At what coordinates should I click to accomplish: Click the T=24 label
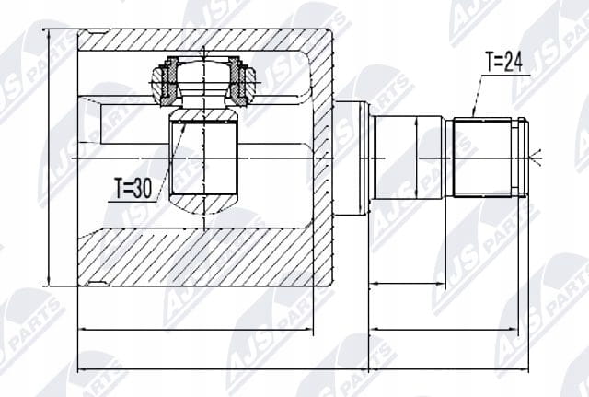504,62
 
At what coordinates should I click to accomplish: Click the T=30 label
133,188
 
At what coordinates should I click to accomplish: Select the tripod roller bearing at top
203,80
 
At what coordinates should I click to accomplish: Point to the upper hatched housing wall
195,41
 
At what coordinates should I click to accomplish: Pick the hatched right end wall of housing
323,158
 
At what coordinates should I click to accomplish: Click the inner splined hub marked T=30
203,158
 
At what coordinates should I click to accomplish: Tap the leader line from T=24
478,96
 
